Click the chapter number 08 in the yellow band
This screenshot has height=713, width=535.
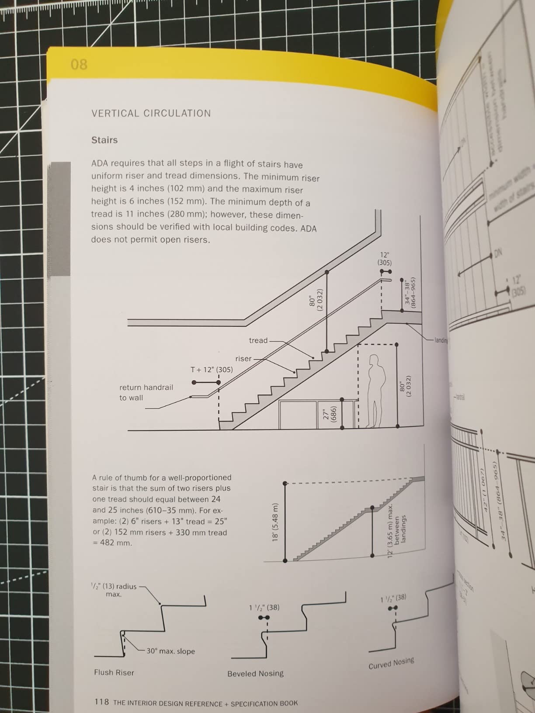point(79,65)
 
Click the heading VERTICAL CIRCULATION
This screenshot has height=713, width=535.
point(151,114)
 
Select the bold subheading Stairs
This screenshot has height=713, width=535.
point(104,140)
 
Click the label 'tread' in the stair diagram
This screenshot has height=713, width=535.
point(258,340)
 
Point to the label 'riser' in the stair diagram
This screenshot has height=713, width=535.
point(243,359)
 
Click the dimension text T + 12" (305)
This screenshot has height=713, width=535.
point(212,370)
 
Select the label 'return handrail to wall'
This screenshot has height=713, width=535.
point(146,392)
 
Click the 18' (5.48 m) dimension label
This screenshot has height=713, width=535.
point(275,522)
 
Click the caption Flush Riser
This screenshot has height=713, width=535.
point(114,672)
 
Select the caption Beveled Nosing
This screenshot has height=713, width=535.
point(255,674)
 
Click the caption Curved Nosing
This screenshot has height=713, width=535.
point(391,663)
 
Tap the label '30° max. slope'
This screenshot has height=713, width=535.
point(170,651)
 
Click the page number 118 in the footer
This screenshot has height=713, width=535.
point(101,702)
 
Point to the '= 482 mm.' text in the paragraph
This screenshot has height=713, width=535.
point(112,543)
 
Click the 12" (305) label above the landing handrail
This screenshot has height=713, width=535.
point(385,259)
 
